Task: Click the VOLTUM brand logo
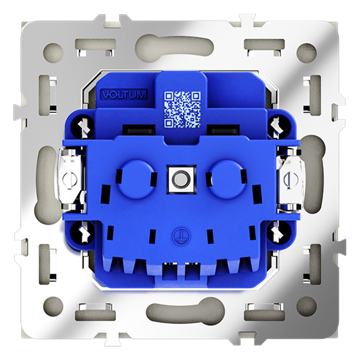(x=124, y=95)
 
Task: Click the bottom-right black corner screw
(x=276, y=231)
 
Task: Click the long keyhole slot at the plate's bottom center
(x=180, y=309)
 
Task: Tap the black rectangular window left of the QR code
(x=139, y=129)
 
